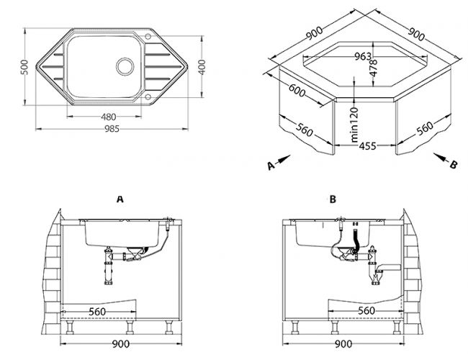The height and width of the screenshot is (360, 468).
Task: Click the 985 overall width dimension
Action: coord(112,129)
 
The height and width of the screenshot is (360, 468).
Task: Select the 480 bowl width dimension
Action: coord(108,117)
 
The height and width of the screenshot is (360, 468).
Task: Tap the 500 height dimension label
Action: coord(24,67)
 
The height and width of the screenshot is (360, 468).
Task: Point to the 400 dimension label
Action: coord(202,67)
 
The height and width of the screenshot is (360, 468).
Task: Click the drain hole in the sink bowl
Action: coord(125,66)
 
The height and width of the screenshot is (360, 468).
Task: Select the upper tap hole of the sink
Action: coord(148,36)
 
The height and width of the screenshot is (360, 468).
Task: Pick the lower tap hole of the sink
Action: coord(148,96)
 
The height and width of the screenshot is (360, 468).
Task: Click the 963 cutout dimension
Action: coord(363,56)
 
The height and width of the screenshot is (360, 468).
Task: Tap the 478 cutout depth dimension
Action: coord(374,68)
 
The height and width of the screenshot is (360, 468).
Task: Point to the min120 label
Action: coord(354,125)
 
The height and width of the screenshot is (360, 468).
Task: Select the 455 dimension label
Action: coord(367,146)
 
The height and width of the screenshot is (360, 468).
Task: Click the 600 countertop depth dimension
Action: coord(297,90)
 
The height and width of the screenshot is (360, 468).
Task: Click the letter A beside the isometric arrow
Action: coord(271,166)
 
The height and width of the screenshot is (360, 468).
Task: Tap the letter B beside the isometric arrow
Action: coord(454,164)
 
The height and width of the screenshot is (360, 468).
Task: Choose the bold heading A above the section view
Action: coord(120,199)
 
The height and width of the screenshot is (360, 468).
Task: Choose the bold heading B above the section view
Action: coord(333,199)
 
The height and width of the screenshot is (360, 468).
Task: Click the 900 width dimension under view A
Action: coord(121,344)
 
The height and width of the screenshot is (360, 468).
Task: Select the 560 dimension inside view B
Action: coord(366,311)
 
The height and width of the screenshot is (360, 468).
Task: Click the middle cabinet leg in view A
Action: coord(130,327)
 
